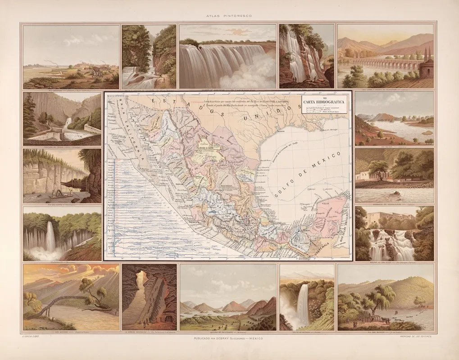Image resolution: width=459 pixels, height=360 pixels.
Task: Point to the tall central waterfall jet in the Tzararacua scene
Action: [x=50, y=237]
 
